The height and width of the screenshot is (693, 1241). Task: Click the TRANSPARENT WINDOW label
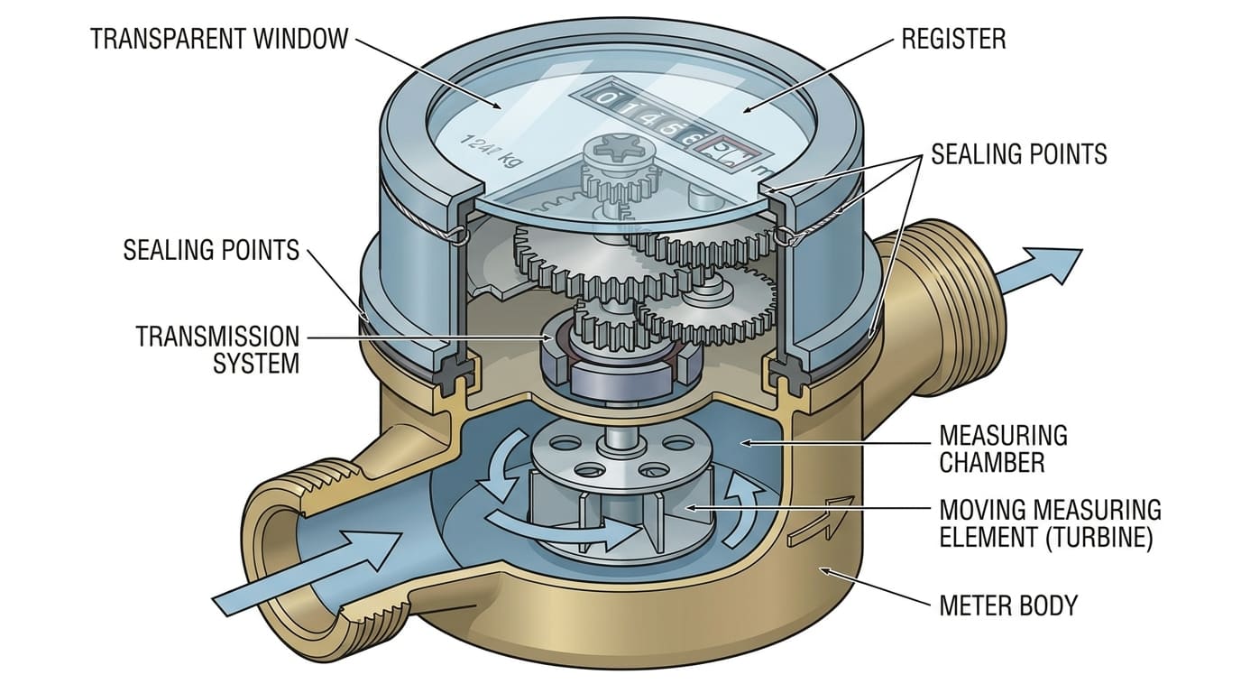click(x=218, y=39)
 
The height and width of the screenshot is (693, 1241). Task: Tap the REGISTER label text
click(x=953, y=39)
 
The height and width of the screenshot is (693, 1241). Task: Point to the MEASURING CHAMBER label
click(x=1003, y=448)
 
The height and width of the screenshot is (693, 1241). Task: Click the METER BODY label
click(x=1008, y=605)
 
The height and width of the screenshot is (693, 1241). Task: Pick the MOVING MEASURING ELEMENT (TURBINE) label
click(x=1050, y=523)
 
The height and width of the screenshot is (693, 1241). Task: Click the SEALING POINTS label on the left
click(x=210, y=249)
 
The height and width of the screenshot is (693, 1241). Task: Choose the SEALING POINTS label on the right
click(x=1018, y=154)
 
